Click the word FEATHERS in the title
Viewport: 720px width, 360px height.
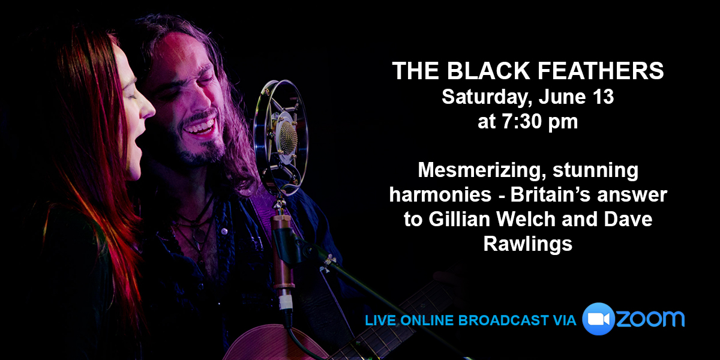(x=601, y=71)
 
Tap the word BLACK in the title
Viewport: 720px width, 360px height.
(x=488, y=71)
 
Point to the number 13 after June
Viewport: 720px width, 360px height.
(x=604, y=97)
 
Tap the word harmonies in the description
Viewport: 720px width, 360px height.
(x=440, y=194)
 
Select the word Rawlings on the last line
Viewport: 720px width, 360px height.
(x=528, y=244)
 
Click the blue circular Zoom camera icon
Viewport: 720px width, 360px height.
(x=599, y=319)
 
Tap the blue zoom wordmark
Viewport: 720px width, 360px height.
(x=650, y=319)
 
